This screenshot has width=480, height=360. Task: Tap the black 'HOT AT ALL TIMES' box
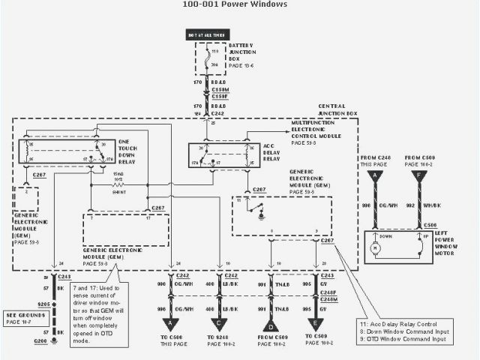[206, 34]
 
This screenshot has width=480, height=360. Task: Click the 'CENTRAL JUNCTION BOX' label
[337, 110]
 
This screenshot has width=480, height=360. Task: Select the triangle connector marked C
[220, 325]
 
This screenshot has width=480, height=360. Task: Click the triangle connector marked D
[269, 325]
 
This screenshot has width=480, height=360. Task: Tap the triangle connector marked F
[415, 177]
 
